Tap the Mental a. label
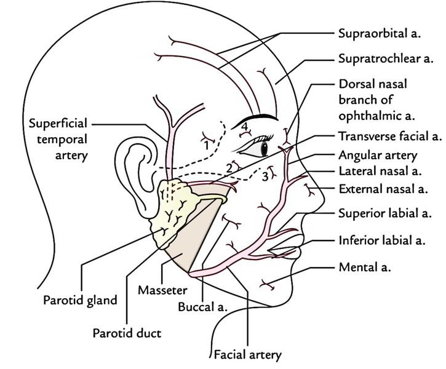click(364, 268)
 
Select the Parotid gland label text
click(81, 302)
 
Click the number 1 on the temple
click(205, 145)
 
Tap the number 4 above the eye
click(244, 127)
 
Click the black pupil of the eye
click(264, 148)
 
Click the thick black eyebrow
click(258, 116)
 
